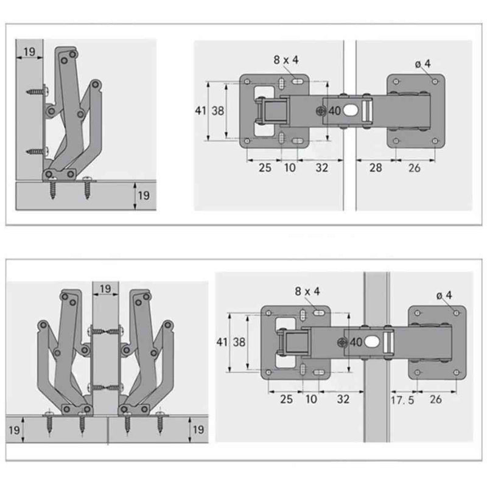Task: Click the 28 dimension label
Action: coord(376,168)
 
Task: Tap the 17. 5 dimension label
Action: coord(402,400)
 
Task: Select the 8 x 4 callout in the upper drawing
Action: coord(286,60)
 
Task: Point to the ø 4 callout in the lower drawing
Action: coord(444,295)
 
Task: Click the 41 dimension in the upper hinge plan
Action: coord(200,111)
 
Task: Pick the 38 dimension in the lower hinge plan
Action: coord(239,342)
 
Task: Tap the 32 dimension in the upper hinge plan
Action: coord(322,168)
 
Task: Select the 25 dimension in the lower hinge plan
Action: coord(286,399)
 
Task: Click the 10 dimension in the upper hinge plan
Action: coord(290,168)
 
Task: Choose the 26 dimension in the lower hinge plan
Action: coord(436,399)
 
